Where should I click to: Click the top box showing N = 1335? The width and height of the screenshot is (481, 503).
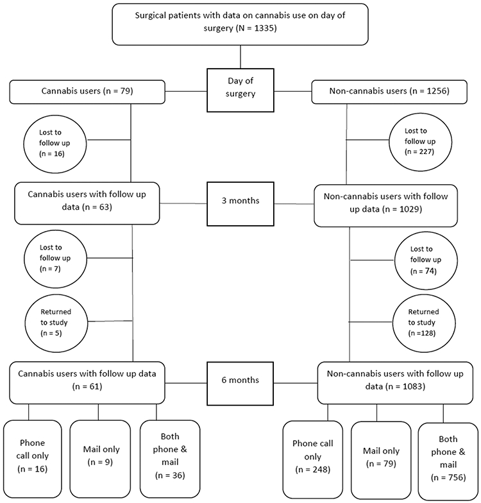240,23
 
